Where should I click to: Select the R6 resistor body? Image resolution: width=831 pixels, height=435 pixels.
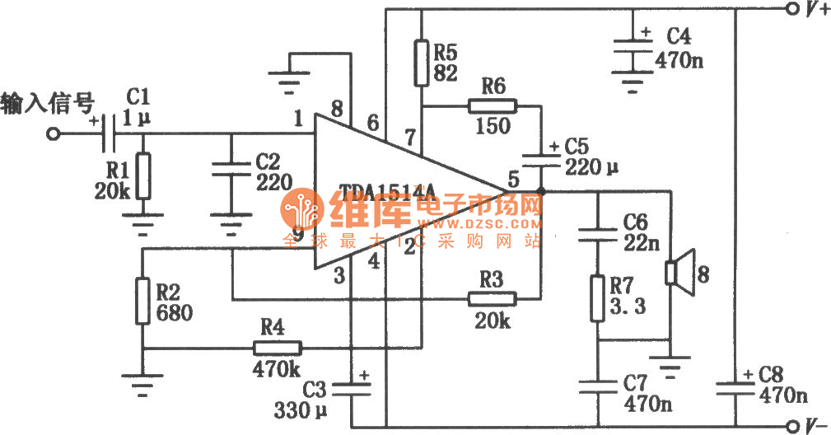tap(492, 106)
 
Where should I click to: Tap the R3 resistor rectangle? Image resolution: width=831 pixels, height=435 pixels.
tap(492, 298)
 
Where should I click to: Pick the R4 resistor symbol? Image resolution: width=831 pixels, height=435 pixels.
tap(276, 348)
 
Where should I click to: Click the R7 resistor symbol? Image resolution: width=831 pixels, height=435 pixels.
tap(596, 298)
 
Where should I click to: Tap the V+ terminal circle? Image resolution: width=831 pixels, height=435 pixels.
tap(793, 10)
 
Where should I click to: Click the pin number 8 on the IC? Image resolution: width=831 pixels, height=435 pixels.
tap(335, 109)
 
